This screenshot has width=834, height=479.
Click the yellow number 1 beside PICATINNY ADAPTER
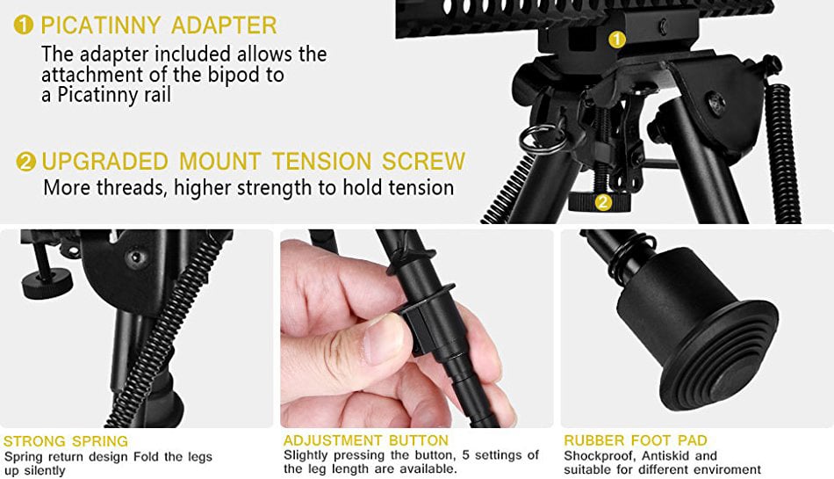click(x=24, y=25)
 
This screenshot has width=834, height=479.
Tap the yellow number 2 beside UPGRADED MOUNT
click(x=26, y=162)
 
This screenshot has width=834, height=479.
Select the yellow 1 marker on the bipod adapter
click(x=616, y=40)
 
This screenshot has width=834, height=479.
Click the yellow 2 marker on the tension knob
click(x=602, y=202)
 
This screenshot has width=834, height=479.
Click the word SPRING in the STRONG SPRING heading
click(x=100, y=441)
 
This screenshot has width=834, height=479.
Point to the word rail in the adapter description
click(x=157, y=95)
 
